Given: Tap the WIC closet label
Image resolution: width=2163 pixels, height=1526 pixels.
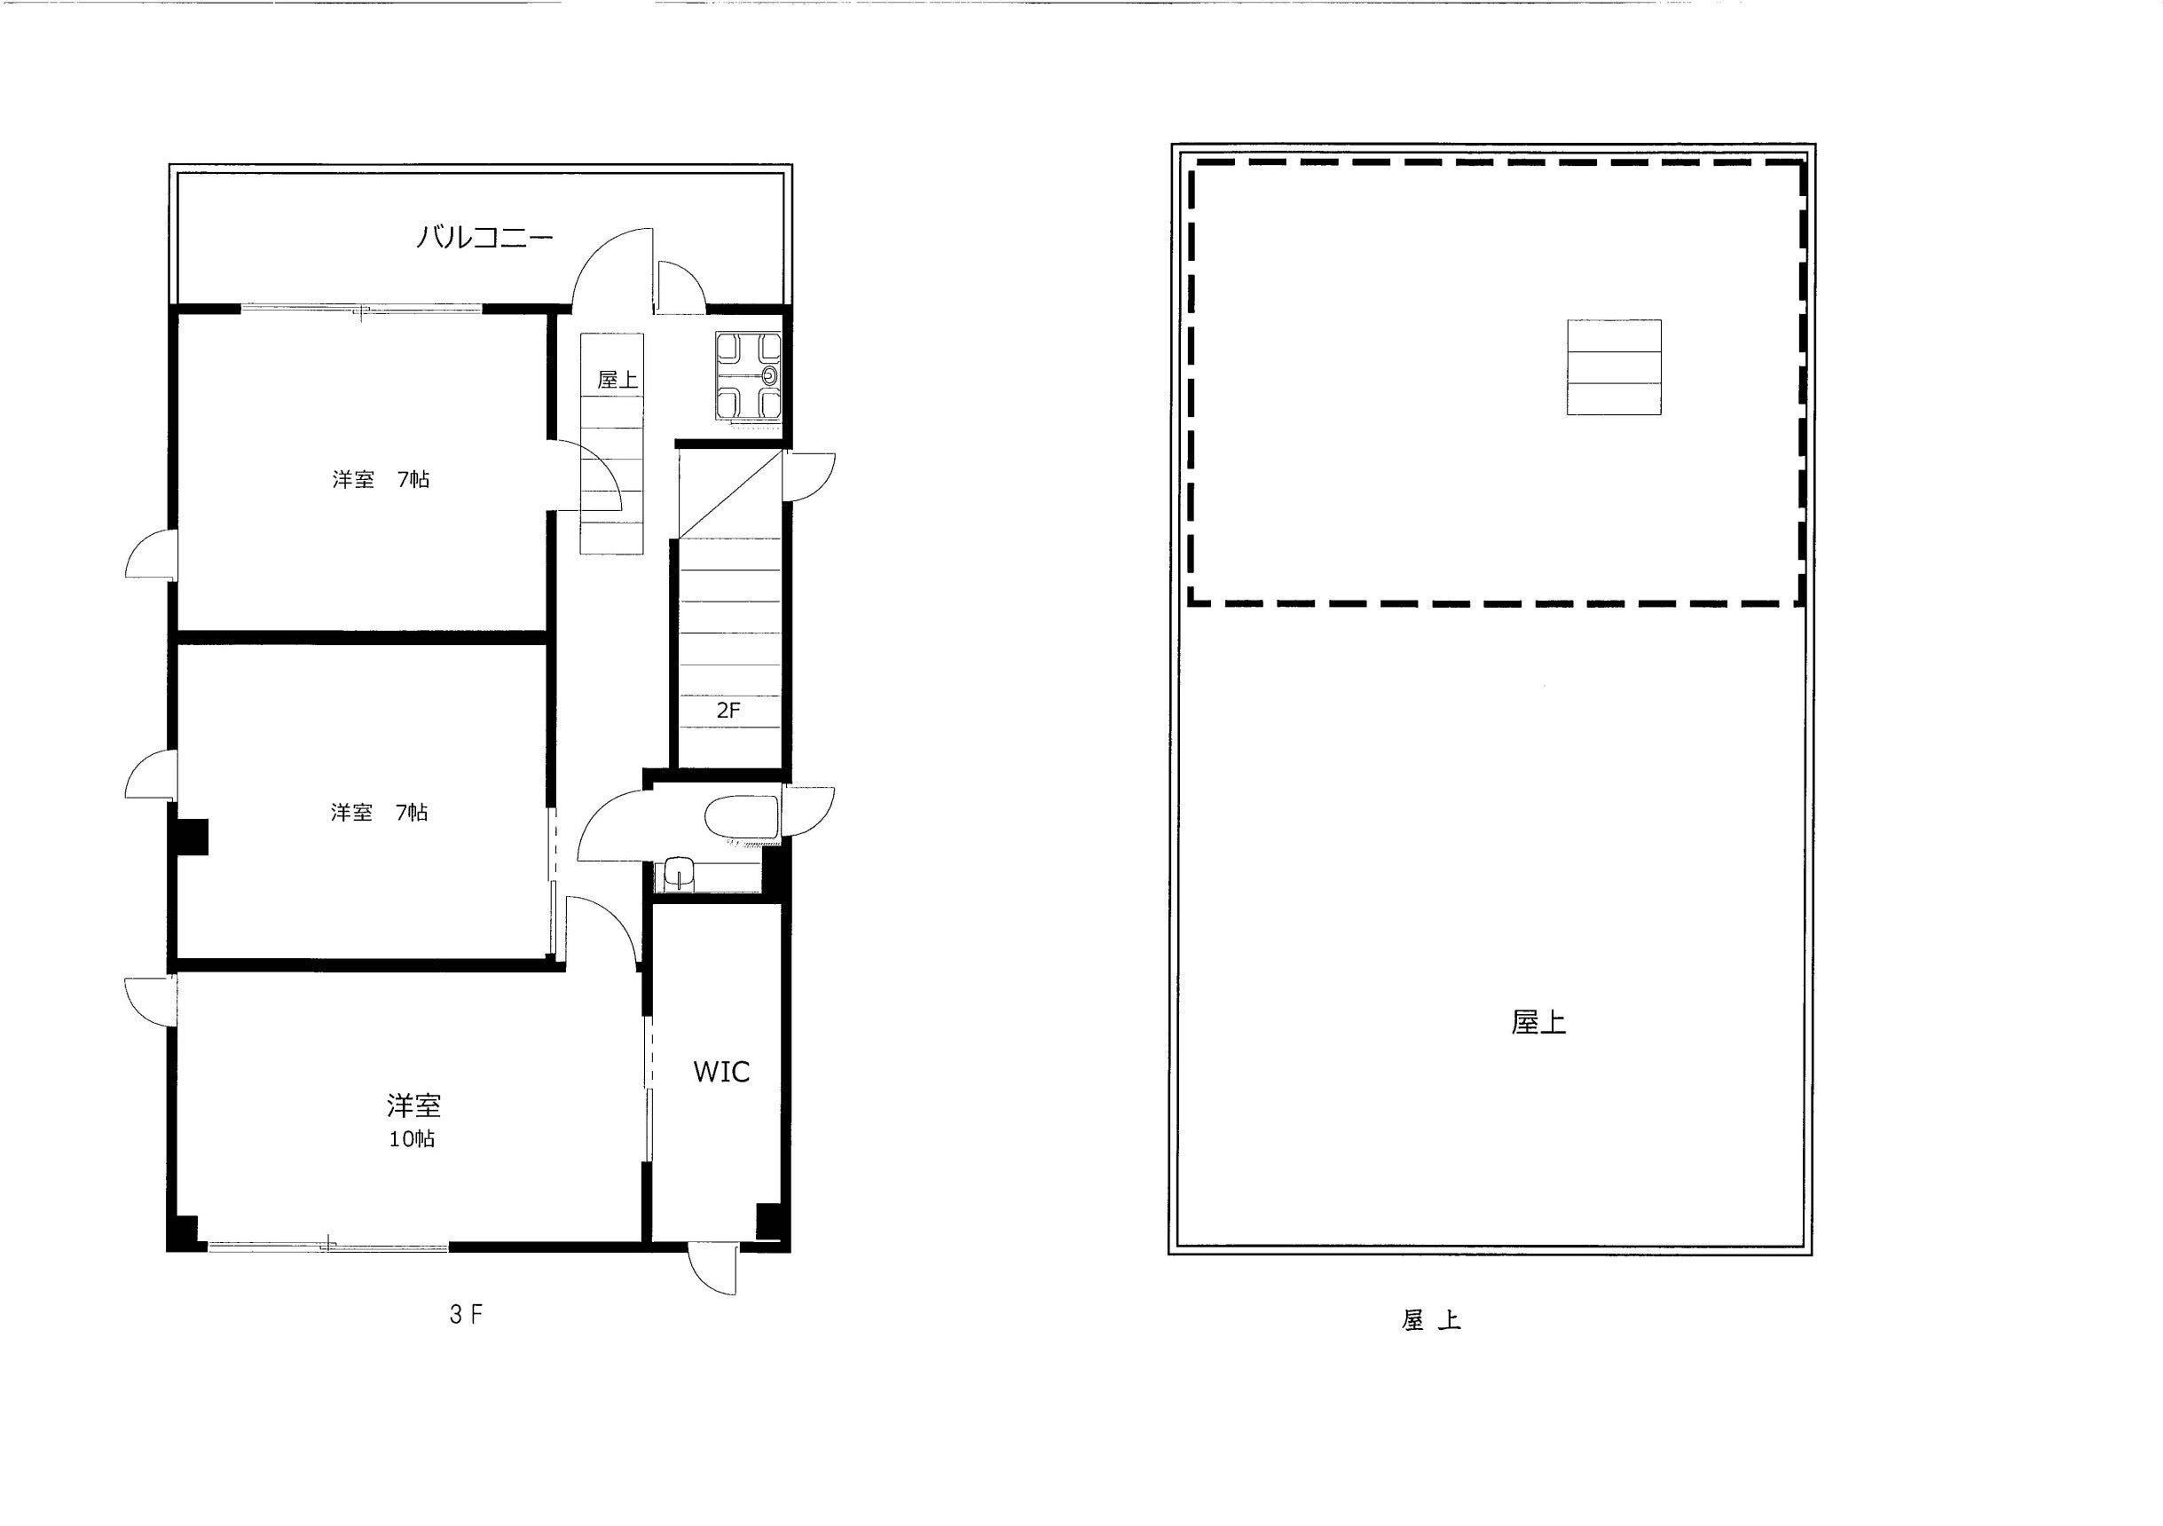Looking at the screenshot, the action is click(x=721, y=1071).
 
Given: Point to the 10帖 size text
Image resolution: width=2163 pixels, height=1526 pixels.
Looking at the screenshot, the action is click(x=412, y=1139).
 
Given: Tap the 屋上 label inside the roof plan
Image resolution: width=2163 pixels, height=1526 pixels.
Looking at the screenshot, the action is click(x=1538, y=1023).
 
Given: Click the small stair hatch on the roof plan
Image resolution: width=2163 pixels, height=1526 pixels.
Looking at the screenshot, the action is click(x=1614, y=367).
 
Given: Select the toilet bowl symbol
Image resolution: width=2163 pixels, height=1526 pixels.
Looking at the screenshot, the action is click(x=742, y=818).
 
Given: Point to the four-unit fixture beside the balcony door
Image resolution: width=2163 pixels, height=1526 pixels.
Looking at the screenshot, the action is click(x=748, y=376).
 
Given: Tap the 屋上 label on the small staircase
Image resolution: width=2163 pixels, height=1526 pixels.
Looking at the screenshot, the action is click(x=617, y=380).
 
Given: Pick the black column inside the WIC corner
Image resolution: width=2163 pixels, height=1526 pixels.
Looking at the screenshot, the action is click(x=770, y=1221).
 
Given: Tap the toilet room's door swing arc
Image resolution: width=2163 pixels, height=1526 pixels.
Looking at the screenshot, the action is click(x=610, y=825).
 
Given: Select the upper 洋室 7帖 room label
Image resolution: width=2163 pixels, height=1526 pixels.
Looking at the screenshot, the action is click(x=381, y=479).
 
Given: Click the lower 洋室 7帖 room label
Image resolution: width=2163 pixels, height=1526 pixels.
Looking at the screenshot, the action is click(x=380, y=812).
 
